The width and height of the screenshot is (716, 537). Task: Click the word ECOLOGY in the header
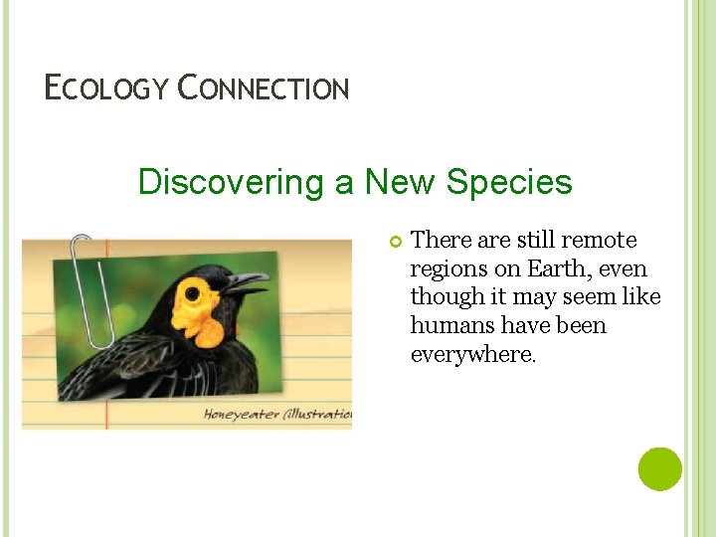click(x=107, y=89)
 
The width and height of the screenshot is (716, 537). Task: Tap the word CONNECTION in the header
click(x=264, y=89)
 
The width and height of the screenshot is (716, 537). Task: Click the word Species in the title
click(x=509, y=182)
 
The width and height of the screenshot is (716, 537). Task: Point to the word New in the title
click(x=401, y=182)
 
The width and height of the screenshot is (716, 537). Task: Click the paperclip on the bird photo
click(x=91, y=288)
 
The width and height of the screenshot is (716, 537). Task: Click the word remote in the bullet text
click(x=599, y=241)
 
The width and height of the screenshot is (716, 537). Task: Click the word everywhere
click(x=472, y=354)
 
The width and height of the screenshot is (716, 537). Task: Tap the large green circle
click(x=659, y=468)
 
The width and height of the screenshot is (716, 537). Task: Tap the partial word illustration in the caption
click(x=320, y=414)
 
